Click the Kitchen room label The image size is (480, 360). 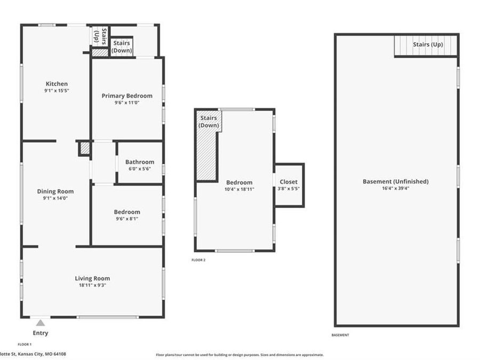pyautogui.click(x=57, y=84)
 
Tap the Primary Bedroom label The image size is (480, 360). pyautogui.click(x=127, y=96)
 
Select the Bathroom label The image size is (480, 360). pyautogui.click(x=140, y=162)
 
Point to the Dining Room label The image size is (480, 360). pyautogui.click(x=55, y=191)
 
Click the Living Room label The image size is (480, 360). pyautogui.click(x=93, y=278)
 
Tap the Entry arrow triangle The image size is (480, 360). pyautogui.click(x=41, y=323)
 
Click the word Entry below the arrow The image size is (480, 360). pyautogui.click(x=41, y=333)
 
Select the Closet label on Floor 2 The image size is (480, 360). pyautogui.click(x=289, y=182)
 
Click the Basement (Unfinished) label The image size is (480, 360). pyautogui.click(x=396, y=181)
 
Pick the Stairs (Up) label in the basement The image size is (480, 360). pyautogui.click(x=428, y=44)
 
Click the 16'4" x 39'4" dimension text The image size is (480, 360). pyautogui.click(x=396, y=188)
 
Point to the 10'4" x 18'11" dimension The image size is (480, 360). pyautogui.click(x=239, y=189)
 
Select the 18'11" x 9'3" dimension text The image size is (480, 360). pyautogui.click(x=93, y=285)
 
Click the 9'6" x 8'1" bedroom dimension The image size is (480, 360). pyautogui.click(x=127, y=218)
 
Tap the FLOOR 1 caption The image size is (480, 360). pyautogui.click(x=25, y=345)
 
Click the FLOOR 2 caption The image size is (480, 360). pyautogui.click(x=198, y=260)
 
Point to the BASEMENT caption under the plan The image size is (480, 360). pyautogui.click(x=340, y=335)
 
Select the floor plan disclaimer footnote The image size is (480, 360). pyautogui.click(x=239, y=355)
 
